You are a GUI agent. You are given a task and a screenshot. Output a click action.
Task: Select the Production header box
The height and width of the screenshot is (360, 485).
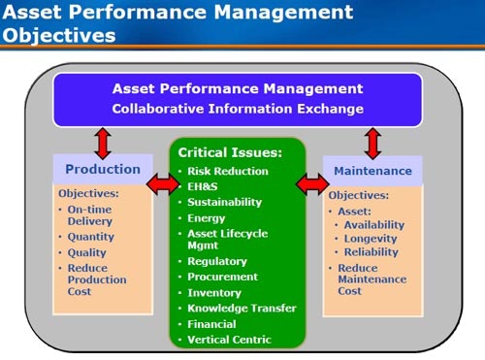pos(102,170)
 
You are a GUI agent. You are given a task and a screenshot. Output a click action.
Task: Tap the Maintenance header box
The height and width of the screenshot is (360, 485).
pos(373,171)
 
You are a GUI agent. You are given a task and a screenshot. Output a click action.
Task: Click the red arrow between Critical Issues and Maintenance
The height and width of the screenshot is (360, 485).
pos(313,182)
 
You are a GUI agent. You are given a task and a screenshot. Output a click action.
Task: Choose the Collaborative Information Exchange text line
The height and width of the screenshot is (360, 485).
pos(238,109)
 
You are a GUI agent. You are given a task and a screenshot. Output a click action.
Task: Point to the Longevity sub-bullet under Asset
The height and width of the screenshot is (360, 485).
pos(372,239)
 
